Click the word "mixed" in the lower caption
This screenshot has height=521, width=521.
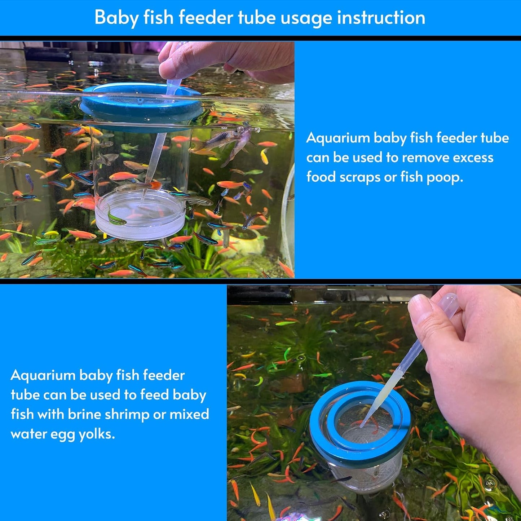[x=189, y=414]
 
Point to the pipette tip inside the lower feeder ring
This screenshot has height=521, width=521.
[x=362, y=425]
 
